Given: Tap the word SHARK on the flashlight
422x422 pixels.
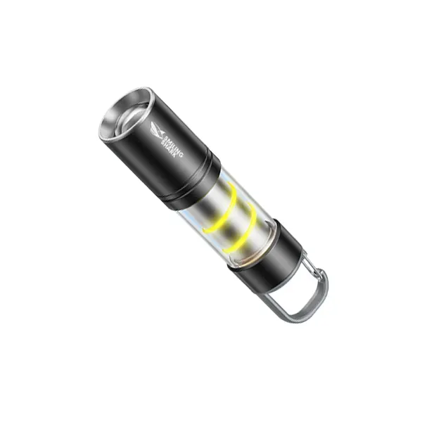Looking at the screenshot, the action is pos(168,151).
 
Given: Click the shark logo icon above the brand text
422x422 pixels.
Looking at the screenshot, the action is pos(157,129).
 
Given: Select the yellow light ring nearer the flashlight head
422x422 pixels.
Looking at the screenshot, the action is pos(222,209).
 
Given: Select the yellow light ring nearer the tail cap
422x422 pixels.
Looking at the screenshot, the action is pos(241,229).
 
